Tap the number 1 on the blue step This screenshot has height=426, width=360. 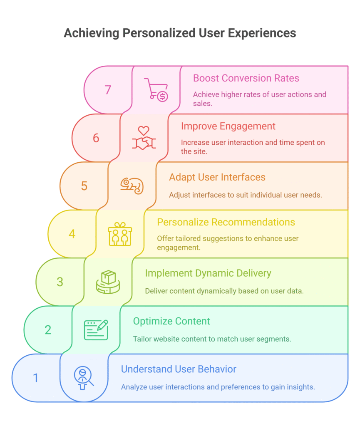[36, 378]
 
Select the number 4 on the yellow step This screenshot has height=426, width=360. [72, 234]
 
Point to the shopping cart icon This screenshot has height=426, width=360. [156, 89]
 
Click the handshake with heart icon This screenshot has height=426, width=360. [144, 138]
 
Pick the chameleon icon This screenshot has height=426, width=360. [132, 186]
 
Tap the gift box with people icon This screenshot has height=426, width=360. [120, 234]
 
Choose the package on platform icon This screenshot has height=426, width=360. [108, 282]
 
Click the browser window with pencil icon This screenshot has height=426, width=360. [96, 329]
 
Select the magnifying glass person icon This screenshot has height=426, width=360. [84, 378]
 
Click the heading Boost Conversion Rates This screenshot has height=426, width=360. [246, 78]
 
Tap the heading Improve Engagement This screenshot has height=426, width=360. [228, 126]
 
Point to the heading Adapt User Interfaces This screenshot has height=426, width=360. [217, 177]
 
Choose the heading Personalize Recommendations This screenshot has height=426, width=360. [226, 222]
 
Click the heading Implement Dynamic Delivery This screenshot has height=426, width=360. [208, 273]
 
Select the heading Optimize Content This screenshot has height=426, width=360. [171, 321]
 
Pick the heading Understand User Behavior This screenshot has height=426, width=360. [179, 369]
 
